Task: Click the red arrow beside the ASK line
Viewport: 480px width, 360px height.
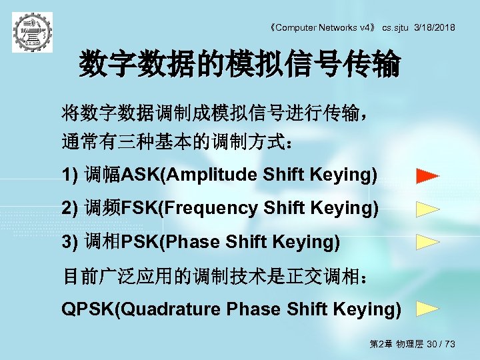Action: point(427,177)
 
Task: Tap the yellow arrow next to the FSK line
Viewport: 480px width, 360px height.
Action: point(427,209)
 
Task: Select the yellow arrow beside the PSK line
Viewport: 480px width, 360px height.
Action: point(427,241)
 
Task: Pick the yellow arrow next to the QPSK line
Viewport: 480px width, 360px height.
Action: point(427,309)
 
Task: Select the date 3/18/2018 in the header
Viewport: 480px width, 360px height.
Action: point(435,27)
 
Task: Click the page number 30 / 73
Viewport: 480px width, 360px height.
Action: point(441,344)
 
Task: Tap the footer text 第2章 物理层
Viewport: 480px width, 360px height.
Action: point(397,344)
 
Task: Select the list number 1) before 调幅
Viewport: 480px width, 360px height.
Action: point(70,175)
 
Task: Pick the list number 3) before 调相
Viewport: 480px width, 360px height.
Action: point(70,242)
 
